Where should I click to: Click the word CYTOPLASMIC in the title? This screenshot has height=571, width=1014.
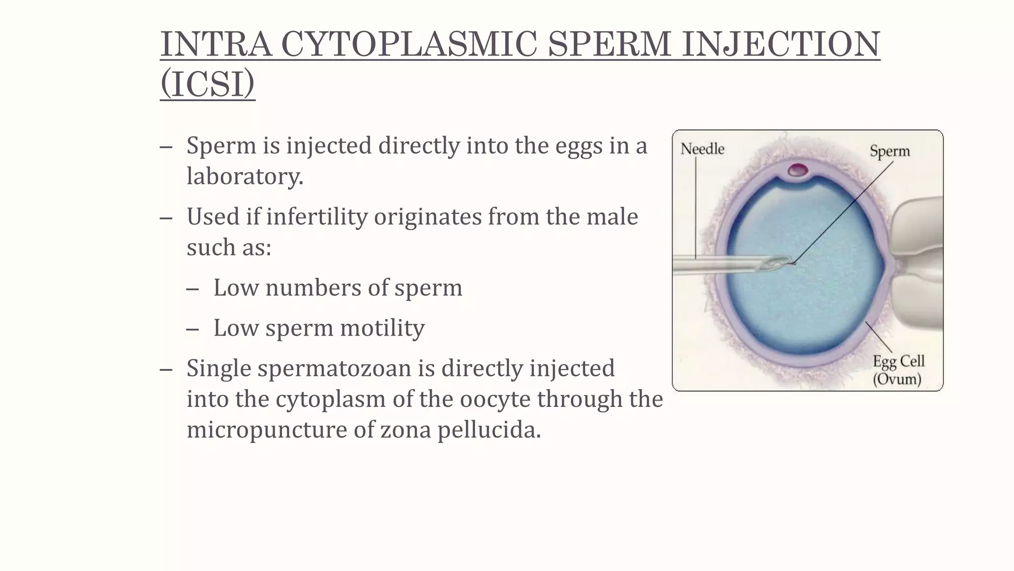(408, 44)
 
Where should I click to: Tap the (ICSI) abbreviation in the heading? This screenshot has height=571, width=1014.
(207, 84)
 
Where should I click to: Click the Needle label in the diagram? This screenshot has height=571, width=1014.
(702, 149)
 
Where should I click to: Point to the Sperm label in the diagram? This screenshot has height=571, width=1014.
(890, 151)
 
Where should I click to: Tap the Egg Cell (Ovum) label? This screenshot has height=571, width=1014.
(898, 370)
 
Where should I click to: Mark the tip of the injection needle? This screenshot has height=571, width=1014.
(792, 263)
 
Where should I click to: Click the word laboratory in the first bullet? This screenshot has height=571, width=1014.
(245, 176)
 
